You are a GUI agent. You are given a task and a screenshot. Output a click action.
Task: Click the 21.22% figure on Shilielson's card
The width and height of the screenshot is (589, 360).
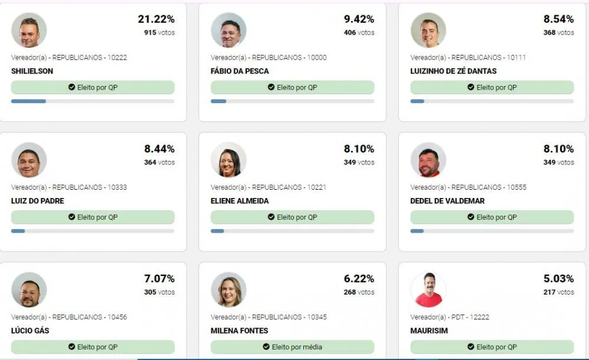coord(156,19)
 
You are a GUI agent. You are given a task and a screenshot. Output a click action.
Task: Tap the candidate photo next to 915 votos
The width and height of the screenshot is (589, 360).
coord(29,30)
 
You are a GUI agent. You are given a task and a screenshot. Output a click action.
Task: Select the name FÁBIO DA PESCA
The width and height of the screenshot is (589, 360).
coord(240,71)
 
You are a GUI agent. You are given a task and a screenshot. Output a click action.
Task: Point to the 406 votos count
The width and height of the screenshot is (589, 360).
coord(359,32)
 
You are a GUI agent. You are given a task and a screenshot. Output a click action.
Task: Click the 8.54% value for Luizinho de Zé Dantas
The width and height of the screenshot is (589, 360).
coord(558,19)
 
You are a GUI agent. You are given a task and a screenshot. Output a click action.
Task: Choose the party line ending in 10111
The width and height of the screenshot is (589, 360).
coord(468,58)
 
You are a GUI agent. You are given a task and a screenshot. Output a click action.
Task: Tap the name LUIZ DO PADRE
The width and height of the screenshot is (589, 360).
coord(38,201)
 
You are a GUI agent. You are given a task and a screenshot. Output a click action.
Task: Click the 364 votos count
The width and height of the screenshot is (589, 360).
coord(159,163)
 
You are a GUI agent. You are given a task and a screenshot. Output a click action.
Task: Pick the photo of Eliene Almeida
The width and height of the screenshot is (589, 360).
coord(229,160)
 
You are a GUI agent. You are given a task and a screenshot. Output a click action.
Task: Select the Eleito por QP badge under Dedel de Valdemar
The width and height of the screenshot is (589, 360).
coord(492,217)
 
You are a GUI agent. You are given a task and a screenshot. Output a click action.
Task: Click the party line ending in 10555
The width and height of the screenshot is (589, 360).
coord(468,187)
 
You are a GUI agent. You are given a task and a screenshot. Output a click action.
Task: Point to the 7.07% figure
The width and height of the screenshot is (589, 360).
coord(159,279)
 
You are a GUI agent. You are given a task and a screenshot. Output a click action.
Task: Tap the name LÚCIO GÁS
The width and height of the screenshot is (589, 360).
coord(30,331)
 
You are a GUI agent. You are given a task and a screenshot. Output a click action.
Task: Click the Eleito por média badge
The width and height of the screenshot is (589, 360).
coord(292,347)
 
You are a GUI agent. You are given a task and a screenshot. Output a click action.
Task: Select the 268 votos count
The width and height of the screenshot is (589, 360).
coord(359,292)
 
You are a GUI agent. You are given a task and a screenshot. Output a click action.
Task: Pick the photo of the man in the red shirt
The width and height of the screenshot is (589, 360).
coord(428,290)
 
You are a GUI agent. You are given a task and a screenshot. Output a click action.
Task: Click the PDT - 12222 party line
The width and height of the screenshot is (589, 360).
coord(449,317)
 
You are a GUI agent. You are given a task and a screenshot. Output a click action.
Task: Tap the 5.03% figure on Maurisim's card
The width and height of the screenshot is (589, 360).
coord(558,279)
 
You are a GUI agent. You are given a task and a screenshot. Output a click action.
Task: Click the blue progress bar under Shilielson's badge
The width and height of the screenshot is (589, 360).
coord(28,101)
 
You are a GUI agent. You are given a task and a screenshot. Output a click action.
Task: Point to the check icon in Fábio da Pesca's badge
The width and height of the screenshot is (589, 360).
coord(271,87)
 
